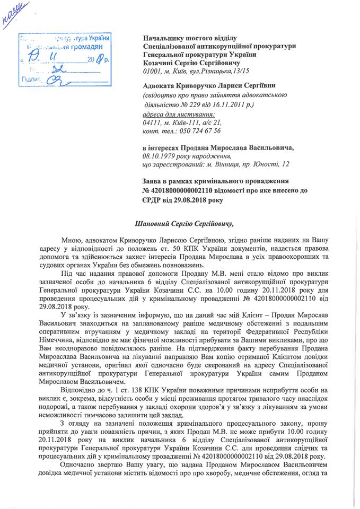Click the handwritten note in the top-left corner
tap(15, 13)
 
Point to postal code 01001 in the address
tap(153, 71)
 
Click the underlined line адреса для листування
tap(179, 115)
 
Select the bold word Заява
tap(154, 181)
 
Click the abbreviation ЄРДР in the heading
tap(154, 200)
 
